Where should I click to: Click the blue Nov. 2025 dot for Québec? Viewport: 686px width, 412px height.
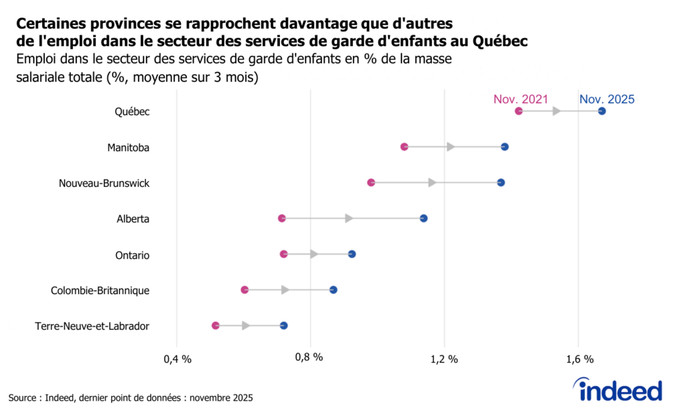coord(602,111)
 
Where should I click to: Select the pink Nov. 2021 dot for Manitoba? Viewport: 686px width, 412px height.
coord(404,147)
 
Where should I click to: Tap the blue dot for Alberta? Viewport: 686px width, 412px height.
coord(423,218)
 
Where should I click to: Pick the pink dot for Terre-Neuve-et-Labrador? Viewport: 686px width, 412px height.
coord(215,326)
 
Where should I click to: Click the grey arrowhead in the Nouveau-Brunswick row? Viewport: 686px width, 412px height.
coord(433,182)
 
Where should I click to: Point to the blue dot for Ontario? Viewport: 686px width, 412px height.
coord(352,254)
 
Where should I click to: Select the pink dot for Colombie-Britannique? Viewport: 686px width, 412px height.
coord(245,290)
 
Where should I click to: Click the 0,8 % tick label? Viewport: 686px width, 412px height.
coord(310,358)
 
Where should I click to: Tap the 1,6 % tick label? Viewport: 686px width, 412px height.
coord(579,358)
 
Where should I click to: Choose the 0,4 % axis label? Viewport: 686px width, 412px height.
coord(177,358)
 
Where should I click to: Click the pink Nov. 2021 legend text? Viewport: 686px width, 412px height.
coord(521,99)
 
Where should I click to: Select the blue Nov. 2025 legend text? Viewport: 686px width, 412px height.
coord(606,99)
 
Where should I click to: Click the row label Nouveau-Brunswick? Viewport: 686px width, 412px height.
coord(104,183)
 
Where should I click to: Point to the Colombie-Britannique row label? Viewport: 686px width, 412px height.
coord(100,290)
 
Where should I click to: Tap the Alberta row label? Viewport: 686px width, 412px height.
coord(133,218)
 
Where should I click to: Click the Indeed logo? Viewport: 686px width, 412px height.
coord(620,390)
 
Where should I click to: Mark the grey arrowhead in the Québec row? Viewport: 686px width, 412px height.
coord(556,111)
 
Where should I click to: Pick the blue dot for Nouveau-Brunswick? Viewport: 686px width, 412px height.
coord(500,182)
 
